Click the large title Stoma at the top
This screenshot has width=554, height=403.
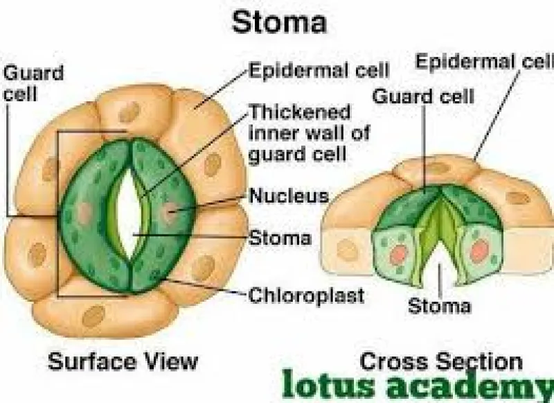click(x=279, y=22)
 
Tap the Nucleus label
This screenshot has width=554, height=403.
click(x=289, y=196)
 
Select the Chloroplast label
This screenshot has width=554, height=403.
click(x=306, y=295)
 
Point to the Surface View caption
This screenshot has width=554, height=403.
click(x=123, y=361)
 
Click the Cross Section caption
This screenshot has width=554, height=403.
click(x=441, y=361)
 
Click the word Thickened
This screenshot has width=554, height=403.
click(x=300, y=112)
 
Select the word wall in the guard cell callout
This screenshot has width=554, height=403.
click(x=322, y=133)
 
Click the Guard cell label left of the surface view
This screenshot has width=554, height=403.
click(x=33, y=83)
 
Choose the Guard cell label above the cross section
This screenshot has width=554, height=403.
click(x=423, y=96)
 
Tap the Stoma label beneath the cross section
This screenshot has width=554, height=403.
click(x=440, y=306)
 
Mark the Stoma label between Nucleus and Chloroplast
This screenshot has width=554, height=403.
click(x=280, y=238)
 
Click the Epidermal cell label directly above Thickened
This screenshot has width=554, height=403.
click(x=319, y=70)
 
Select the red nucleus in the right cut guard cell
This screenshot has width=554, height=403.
click(x=479, y=251)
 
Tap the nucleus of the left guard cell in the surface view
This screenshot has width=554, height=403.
click(x=84, y=213)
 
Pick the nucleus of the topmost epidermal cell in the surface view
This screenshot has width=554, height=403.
click(x=129, y=112)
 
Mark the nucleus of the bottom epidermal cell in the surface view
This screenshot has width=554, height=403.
click(x=93, y=316)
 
